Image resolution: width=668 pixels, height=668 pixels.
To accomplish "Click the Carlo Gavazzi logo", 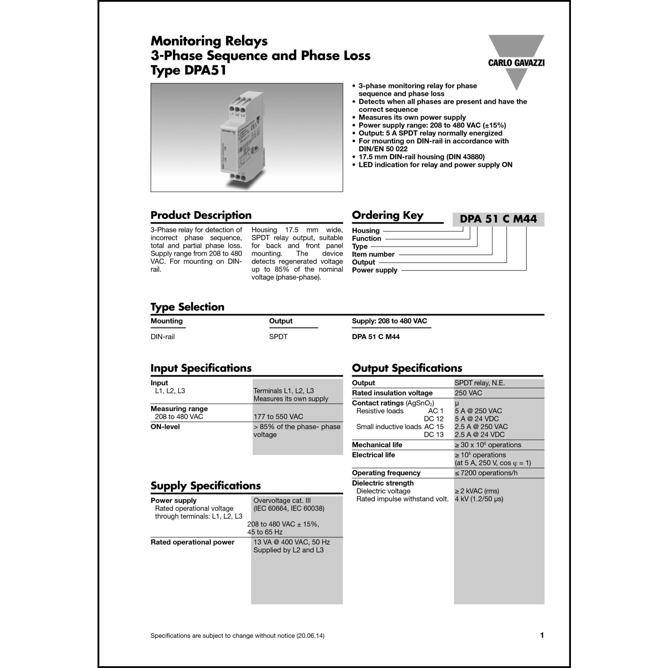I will [x=516, y=62].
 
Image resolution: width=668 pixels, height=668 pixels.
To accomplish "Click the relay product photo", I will [x=247, y=137].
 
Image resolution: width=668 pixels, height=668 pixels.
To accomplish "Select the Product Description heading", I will [x=201, y=216].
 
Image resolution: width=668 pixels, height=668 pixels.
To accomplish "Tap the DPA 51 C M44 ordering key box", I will [x=498, y=219].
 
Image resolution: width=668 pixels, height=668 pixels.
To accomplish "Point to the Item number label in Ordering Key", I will [x=373, y=254].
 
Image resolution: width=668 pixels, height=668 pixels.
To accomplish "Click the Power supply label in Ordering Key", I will [x=375, y=270].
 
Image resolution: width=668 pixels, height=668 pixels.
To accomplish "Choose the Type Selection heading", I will [x=187, y=307].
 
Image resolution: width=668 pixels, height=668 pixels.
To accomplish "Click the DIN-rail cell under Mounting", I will [x=163, y=337].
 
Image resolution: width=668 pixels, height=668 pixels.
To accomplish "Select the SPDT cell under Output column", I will [x=278, y=337].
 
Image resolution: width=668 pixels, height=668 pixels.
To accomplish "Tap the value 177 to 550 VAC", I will [x=278, y=417].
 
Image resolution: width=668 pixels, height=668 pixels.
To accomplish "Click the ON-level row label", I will [x=165, y=427].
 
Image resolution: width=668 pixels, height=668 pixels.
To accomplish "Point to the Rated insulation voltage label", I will [x=392, y=393].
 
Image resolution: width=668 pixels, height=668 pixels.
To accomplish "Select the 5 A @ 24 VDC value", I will [x=477, y=419].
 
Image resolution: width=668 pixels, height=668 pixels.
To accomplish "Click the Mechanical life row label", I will [x=377, y=445].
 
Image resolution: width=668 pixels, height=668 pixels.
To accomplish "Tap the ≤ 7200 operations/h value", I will [x=486, y=473].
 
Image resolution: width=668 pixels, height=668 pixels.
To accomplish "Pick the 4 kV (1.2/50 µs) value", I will [x=479, y=499].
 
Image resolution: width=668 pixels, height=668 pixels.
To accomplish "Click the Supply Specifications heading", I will [x=205, y=486].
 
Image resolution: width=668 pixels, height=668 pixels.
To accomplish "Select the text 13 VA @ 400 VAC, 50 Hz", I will [x=292, y=542].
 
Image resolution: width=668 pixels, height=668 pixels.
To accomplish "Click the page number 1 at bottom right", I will [x=542, y=635].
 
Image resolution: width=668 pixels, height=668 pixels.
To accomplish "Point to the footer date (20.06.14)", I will [x=310, y=636].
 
